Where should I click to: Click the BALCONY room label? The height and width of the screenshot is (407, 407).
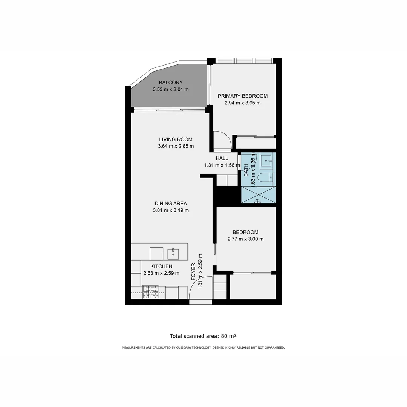(x=170, y=83)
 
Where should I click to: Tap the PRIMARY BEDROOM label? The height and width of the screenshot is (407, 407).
(x=242, y=96)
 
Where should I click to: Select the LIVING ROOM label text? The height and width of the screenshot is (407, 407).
(x=175, y=139)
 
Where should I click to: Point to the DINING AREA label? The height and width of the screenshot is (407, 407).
(x=170, y=203)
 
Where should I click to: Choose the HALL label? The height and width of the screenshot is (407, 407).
(x=222, y=158)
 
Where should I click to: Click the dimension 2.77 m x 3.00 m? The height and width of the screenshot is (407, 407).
(x=245, y=239)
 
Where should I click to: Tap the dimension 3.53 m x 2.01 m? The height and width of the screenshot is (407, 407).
(x=170, y=90)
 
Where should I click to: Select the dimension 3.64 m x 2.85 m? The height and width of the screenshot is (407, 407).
(x=175, y=146)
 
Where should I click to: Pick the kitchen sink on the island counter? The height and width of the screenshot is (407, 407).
(x=173, y=253)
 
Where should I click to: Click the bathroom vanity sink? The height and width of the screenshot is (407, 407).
(x=268, y=161)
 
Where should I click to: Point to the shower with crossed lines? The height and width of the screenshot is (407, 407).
(x=258, y=194)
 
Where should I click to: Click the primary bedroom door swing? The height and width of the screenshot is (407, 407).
(x=222, y=140)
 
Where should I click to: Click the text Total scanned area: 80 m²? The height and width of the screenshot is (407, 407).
(x=203, y=336)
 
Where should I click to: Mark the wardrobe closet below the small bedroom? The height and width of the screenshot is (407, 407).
(x=253, y=286)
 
